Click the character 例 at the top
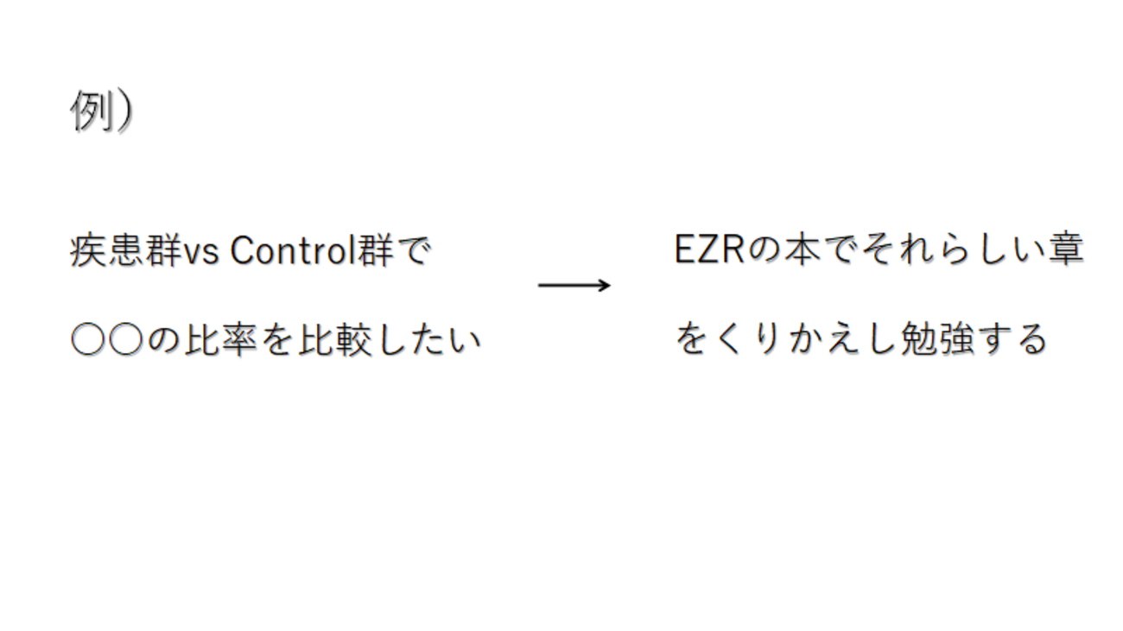[x=90, y=110]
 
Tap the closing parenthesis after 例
[x=124, y=111]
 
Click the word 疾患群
[x=126, y=250]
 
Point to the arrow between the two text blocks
[x=574, y=286]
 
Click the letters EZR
[x=709, y=249]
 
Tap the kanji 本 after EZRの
[x=803, y=249]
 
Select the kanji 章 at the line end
[x=1066, y=249]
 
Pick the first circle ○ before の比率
[x=88, y=339]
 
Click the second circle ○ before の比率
[x=126, y=339]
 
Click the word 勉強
[x=937, y=339]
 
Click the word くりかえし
[x=806, y=339]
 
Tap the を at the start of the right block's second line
[x=692, y=339]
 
